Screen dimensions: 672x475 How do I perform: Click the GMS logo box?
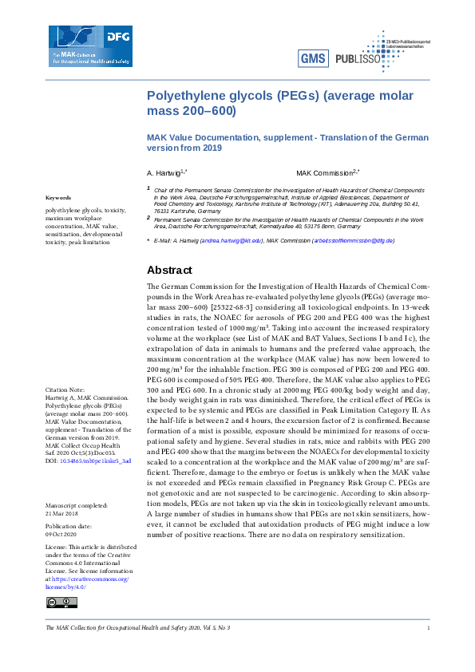tap(312, 58)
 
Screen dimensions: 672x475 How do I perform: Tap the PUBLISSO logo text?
tap(358, 58)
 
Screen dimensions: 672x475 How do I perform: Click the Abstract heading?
tap(169, 270)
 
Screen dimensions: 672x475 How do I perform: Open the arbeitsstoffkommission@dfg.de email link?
tap(353, 240)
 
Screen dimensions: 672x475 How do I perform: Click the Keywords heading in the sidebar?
tap(58, 197)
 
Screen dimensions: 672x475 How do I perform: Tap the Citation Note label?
tap(65, 389)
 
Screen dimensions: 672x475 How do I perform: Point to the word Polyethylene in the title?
tap(182, 97)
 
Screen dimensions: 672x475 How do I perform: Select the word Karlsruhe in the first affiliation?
tap(308, 204)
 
